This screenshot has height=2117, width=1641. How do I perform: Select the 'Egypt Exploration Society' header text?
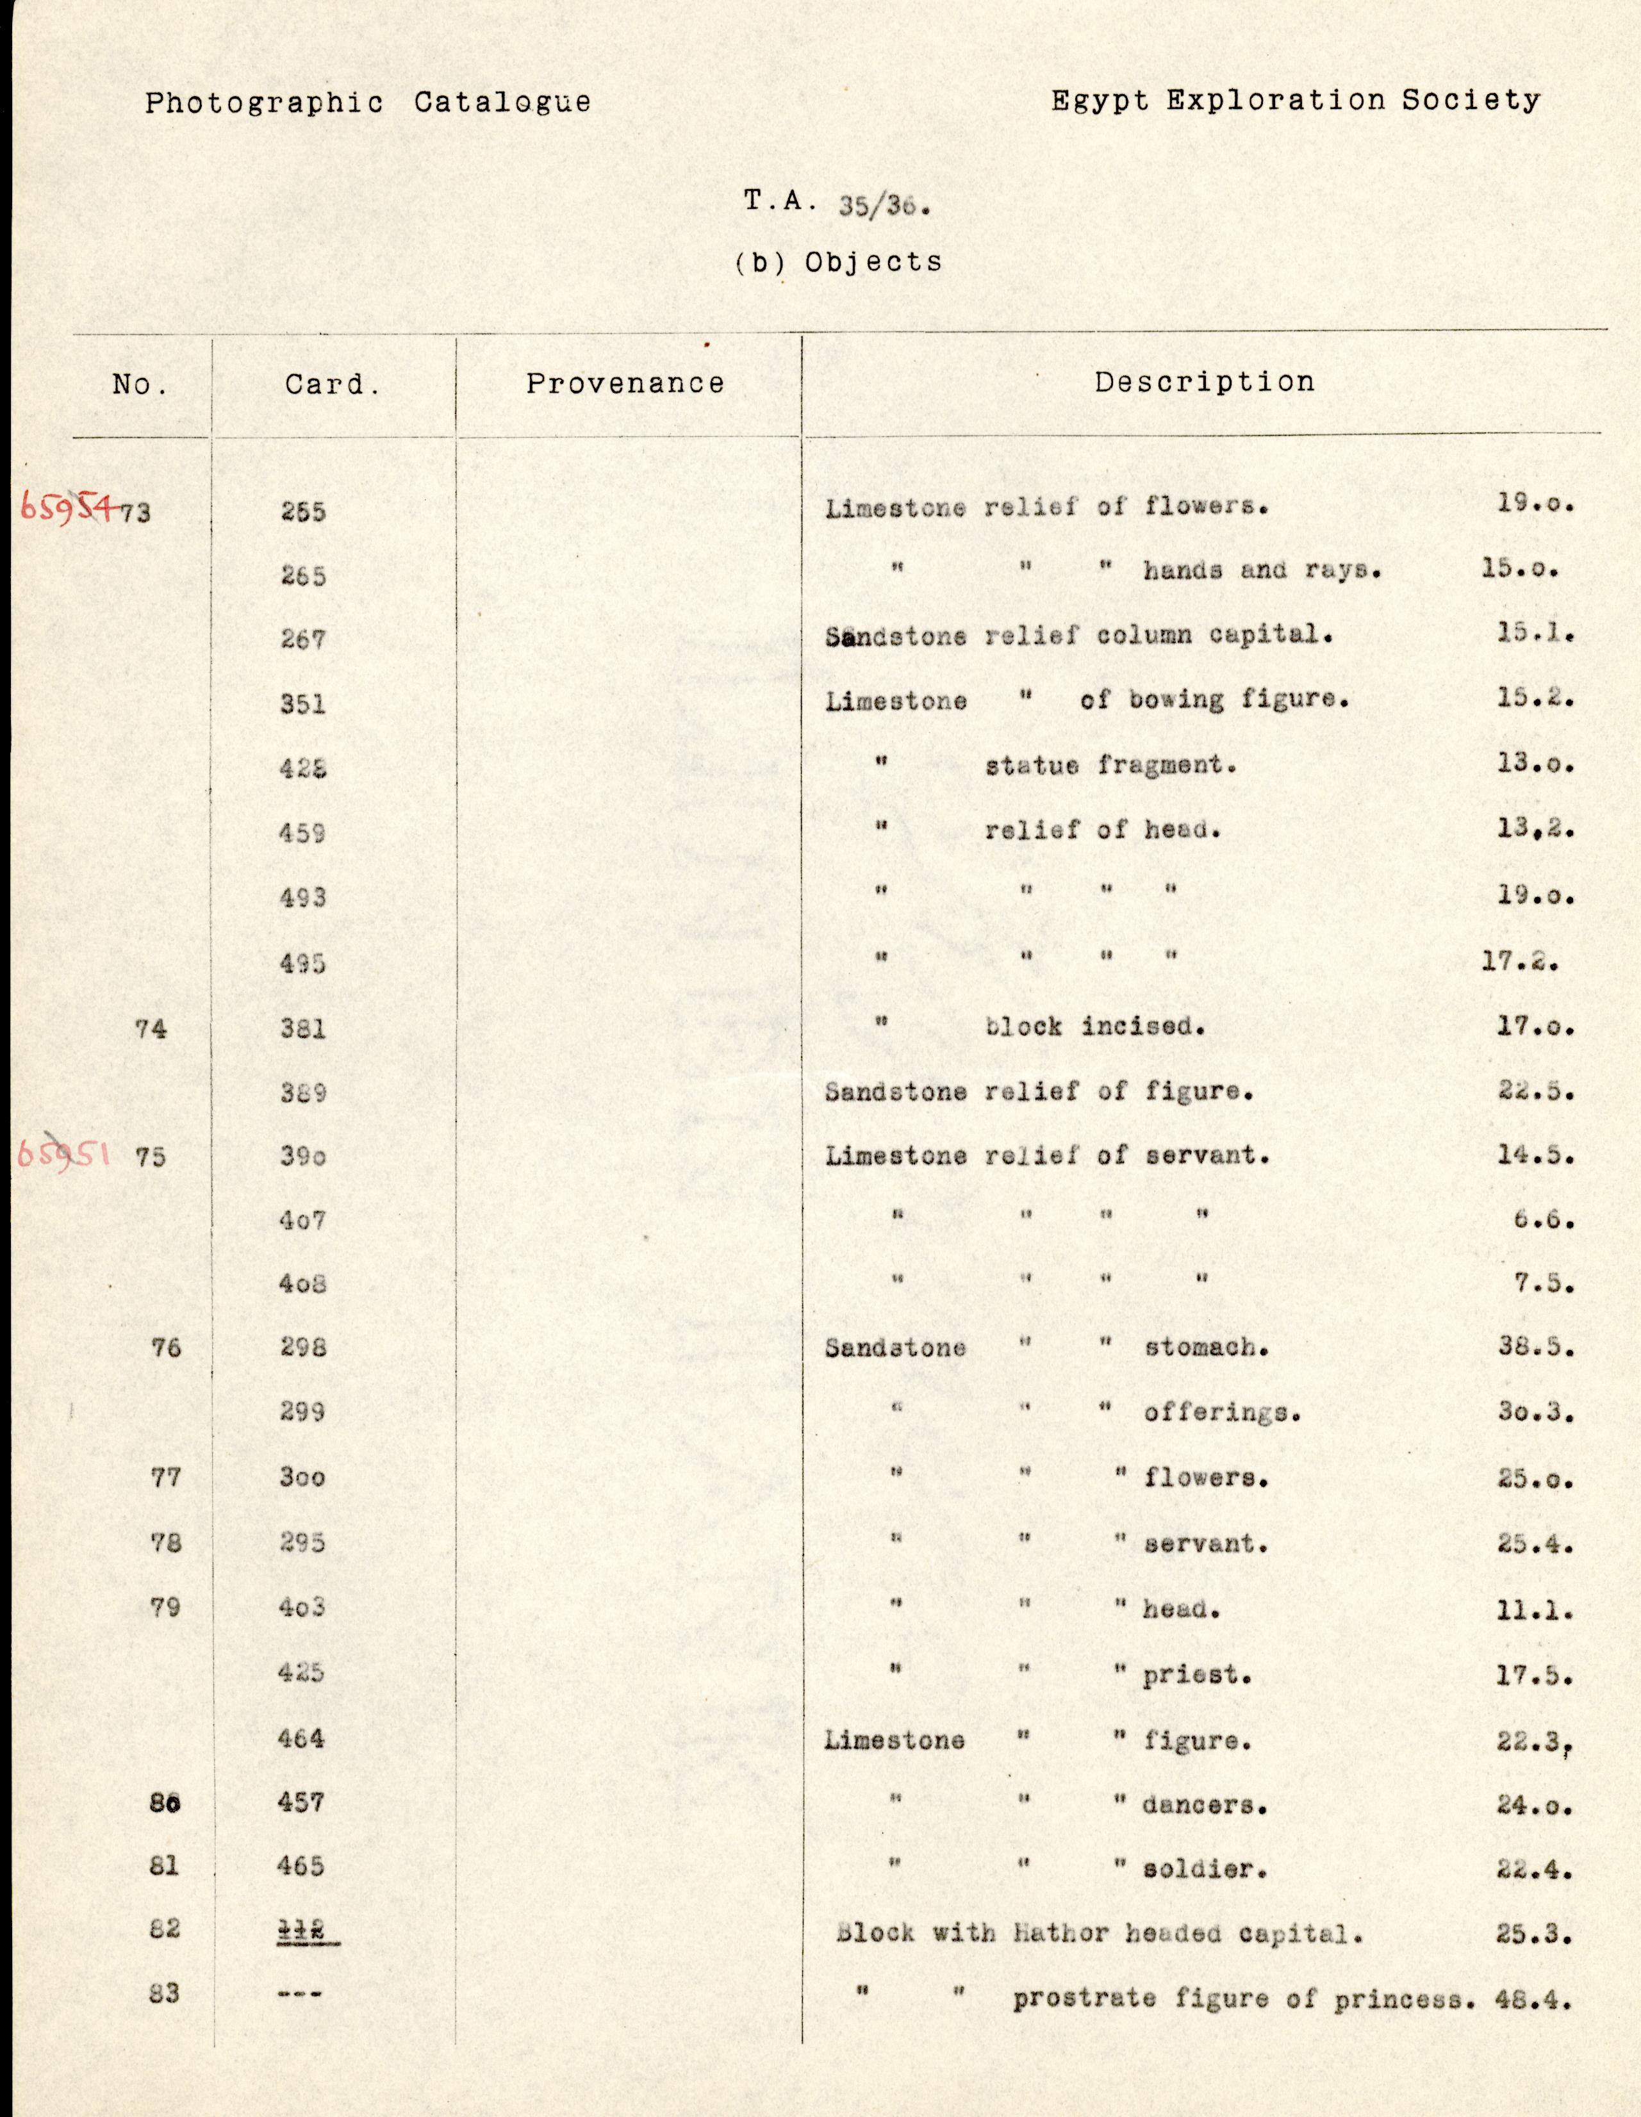[x=1295, y=101]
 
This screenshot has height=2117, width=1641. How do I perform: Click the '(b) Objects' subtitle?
[x=838, y=261]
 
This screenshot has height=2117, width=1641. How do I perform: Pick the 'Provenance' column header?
[x=625, y=384]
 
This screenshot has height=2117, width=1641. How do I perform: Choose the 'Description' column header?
[x=1204, y=382]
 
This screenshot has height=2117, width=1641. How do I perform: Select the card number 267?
[x=302, y=639]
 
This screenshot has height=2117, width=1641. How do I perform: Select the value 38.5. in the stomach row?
[x=1535, y=1347]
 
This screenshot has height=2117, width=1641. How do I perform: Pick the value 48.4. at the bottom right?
[x=1535, y=2000]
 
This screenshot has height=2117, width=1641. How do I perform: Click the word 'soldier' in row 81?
[x=1204, y=1870]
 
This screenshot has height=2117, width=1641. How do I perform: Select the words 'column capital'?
[x=1214, y=636]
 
